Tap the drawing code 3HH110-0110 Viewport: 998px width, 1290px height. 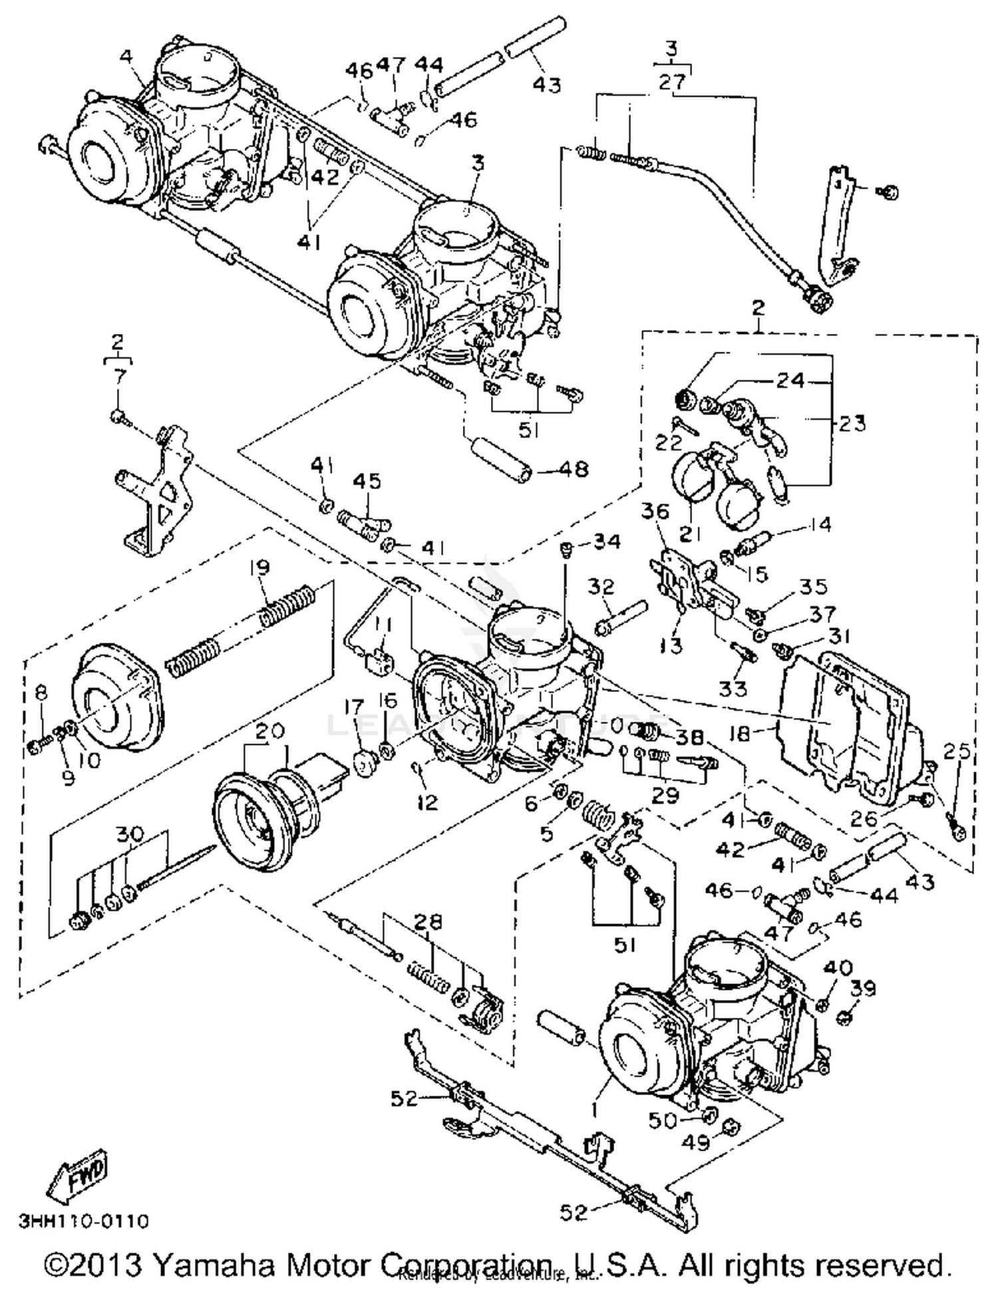coord(84,1221)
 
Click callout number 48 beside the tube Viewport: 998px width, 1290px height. coord(574,469)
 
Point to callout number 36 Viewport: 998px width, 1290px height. coord(655,511)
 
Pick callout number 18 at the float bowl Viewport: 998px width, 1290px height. coord(739,733)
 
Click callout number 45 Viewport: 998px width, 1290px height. coord(367,480)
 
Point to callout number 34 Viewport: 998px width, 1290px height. coord(607,542)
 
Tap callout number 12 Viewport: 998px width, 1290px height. coord(427,802)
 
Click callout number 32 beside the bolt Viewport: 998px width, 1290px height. coord(601,586)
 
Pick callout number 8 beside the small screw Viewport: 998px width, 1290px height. coord(41,693)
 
